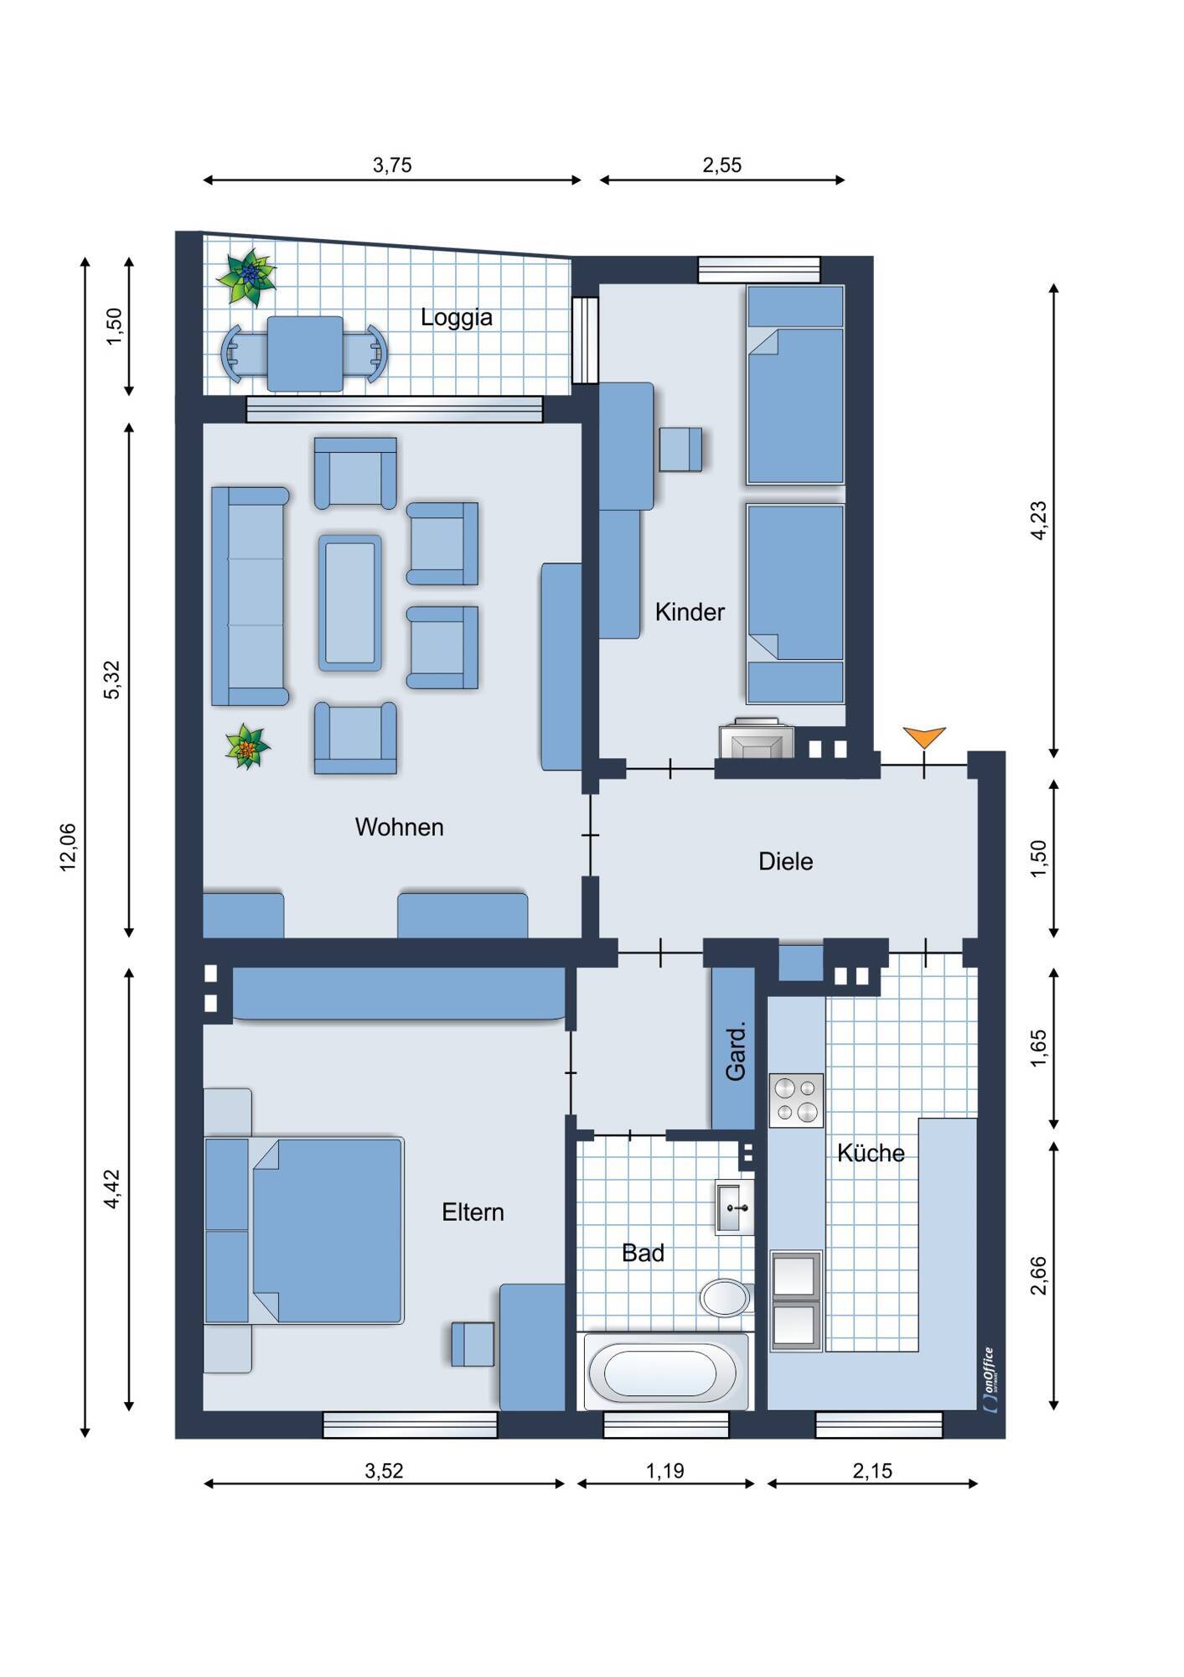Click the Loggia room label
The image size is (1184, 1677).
click(456, 318)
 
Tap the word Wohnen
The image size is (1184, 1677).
click(399, 827)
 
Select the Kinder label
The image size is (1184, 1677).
click(690, 612)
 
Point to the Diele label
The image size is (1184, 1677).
click(785, 861)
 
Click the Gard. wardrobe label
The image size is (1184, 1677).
click(735, 1051)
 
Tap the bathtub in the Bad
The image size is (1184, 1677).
click(665, 1372)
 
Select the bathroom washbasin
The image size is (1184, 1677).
click(735, 1207)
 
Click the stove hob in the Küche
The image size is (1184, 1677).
click(796, 1100)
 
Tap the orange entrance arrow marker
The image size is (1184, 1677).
click(924, 737)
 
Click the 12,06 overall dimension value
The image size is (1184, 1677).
click(68, 847)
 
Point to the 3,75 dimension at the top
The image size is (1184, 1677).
click(392, 165)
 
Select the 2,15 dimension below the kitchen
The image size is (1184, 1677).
click(873, 1471)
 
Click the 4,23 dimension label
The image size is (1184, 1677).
click(1038, 520)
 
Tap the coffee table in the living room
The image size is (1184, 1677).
click(350, 603)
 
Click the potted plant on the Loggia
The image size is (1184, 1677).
click(247, 277)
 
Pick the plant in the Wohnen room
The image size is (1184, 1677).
click(247, 746)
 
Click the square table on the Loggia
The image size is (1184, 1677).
click(305, 353)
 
